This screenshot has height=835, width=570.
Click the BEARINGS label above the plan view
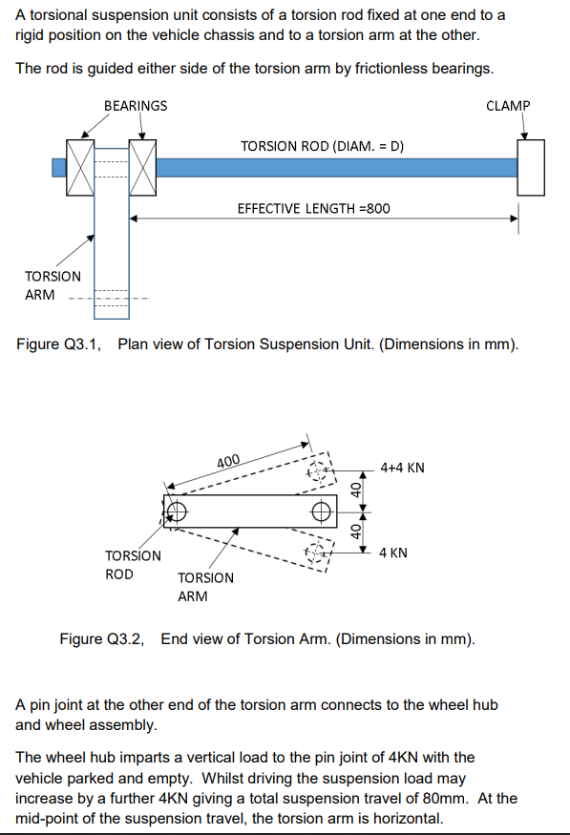coord(135,105)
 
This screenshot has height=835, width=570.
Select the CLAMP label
coord(508,105)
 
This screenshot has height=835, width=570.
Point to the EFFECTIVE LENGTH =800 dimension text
coord(313,208)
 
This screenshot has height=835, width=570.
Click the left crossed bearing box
coord(80,168)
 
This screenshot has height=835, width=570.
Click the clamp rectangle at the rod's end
coord(530,167)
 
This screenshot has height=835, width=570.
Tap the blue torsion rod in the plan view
coord(334,168)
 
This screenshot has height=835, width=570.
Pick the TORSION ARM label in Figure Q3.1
coord(53,285)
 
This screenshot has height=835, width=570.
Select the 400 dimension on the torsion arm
coord(228,462)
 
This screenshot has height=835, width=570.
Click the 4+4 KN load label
coord(402,468)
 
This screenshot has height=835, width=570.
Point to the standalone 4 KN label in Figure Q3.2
coord(395,553)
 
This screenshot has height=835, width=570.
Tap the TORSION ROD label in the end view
coord(133,565)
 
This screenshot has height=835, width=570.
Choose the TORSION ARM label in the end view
coord(205,587)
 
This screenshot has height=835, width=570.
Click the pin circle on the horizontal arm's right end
coord(323,510)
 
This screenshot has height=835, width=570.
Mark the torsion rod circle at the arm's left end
coord(175,511)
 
